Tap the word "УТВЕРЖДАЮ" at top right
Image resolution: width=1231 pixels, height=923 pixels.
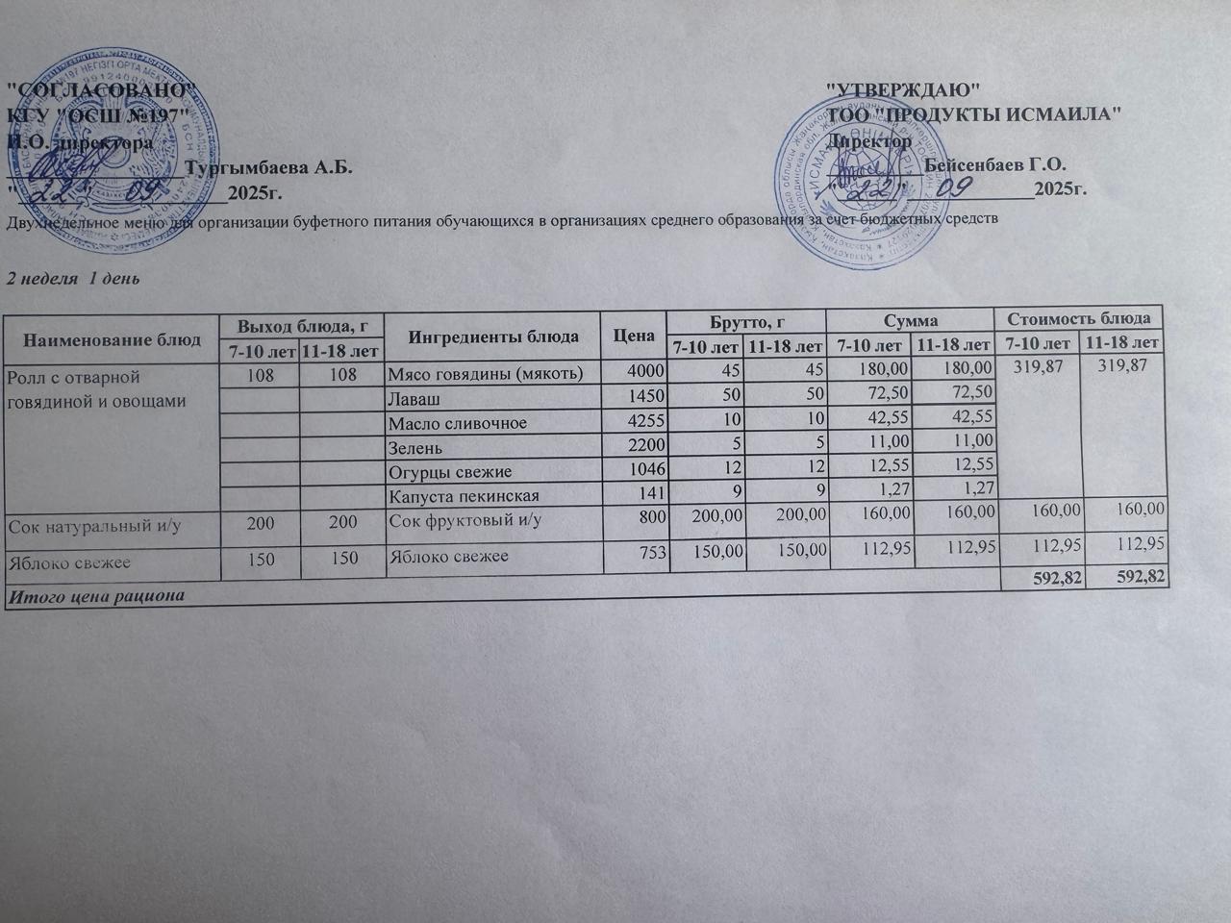[904, 89]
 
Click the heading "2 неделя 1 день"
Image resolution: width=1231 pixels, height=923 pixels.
[74, 279]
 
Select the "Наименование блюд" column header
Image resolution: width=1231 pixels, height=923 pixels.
[112, 339]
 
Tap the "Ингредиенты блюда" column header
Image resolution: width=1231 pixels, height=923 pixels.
[493, 337]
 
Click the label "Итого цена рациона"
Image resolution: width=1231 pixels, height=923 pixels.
[95, 596]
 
